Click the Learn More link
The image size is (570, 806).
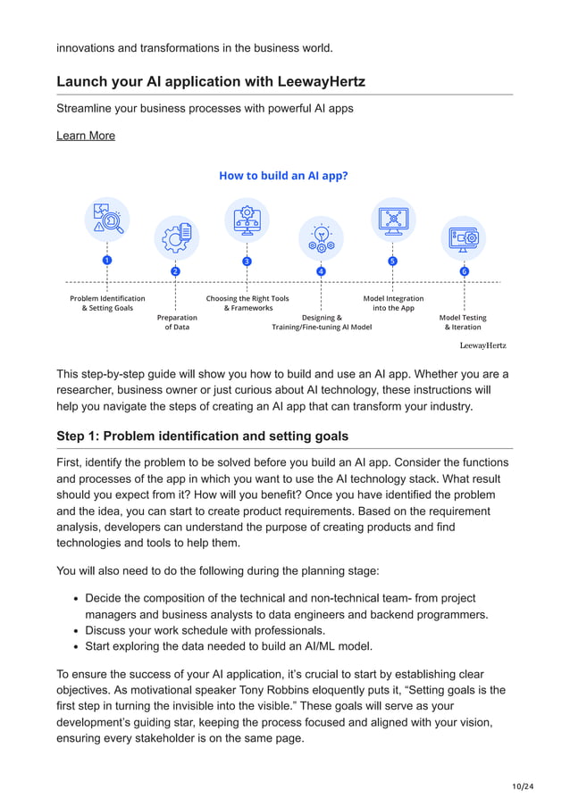[86, 136]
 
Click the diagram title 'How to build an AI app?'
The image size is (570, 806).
[283, 176]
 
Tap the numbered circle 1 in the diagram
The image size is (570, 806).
[107, 260]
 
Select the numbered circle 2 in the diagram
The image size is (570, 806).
[175, 271]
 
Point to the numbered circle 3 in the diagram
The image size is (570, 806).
[247, 261]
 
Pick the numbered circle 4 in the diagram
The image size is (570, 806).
[321, 271]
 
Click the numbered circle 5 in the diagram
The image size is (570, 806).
[392, 261]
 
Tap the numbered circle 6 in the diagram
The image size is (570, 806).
[464, 271]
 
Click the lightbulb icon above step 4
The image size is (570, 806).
[321, 237]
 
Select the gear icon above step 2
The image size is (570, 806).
[176, 237]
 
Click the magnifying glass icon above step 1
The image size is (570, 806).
[107, 220]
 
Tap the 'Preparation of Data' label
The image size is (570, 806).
[177, 322]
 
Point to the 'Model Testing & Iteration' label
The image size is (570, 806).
[463, 322]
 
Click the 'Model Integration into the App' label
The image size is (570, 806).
[393, 303]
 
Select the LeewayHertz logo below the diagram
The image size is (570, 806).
[482, 345]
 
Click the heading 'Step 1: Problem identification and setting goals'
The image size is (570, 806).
[203, 436]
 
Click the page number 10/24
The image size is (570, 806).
[523, 785]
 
